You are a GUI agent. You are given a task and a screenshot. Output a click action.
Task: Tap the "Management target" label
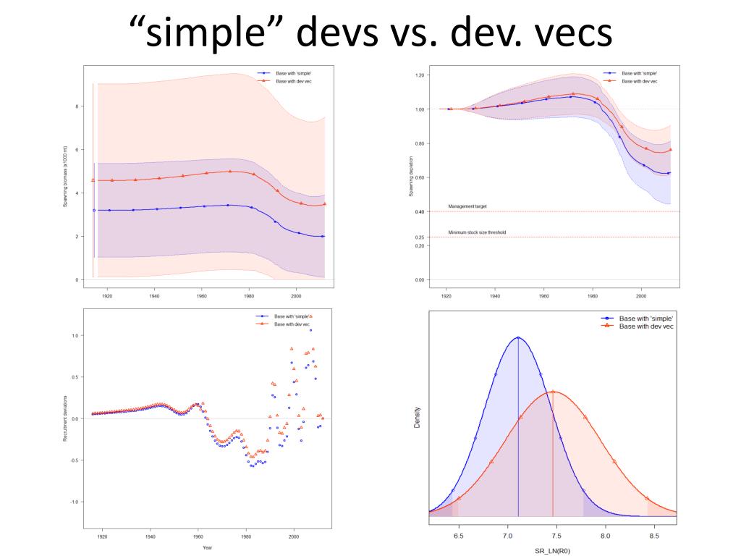(x=467, y=206)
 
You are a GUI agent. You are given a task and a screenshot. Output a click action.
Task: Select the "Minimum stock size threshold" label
(x=477, y=232)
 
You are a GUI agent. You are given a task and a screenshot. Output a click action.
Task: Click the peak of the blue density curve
(x=518, y=337)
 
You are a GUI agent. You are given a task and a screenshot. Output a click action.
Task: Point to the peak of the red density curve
(x=553, y=392)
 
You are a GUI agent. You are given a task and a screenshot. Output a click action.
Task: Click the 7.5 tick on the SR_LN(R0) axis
(x=556, y=536)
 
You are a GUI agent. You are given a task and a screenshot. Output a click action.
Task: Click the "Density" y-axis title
(x=418, y=421)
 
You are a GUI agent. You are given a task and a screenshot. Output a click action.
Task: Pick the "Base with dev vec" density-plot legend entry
(x=646, y=327)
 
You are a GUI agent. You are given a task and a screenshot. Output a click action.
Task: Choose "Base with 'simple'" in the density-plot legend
(x=646, y=319)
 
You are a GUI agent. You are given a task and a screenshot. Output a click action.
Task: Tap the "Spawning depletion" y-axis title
(x=412, y=177)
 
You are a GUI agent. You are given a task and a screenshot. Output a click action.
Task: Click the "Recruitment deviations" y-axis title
(x=64, y=418)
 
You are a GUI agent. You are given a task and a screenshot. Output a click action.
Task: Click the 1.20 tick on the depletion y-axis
(x=420, y=75)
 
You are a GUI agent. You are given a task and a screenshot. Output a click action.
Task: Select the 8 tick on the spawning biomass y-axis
(x=77, y=106)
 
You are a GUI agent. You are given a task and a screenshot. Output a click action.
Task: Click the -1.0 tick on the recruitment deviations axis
(x=75, y=502)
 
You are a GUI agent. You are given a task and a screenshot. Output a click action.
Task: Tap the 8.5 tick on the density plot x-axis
(x=653, y=536)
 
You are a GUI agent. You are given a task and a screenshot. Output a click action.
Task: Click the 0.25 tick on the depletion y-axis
(x=420, y=237)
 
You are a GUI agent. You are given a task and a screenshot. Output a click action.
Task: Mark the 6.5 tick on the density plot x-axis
(x=457, y=536)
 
